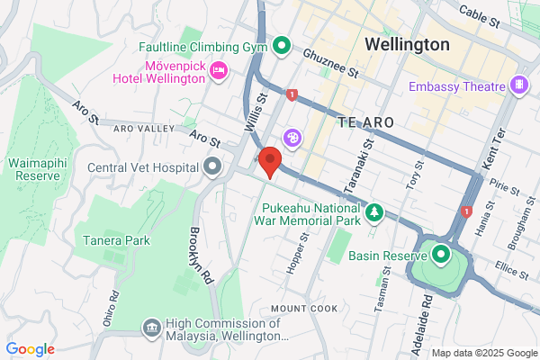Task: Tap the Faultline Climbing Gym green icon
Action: pyautogui.click(x=281, y=44)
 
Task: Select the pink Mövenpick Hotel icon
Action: pyautogui.click(x=217, y=69)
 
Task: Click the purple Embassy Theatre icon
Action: pyautogui.click(x=517, y=85)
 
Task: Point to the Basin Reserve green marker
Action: pyautogui.click(x=440, y=255)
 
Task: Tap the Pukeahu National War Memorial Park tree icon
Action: pyautogui.click(x=373, y=213)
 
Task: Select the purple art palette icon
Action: pyautogui.click(x=292, y=138)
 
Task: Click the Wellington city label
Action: pyautogui.click(x=408, y=43)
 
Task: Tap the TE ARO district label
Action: pyautogui.click(x=366, y=121)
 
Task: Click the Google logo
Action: pyautogui.click(x=30, y=349)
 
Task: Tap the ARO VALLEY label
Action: pyautogui.click(x=143, y=129)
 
